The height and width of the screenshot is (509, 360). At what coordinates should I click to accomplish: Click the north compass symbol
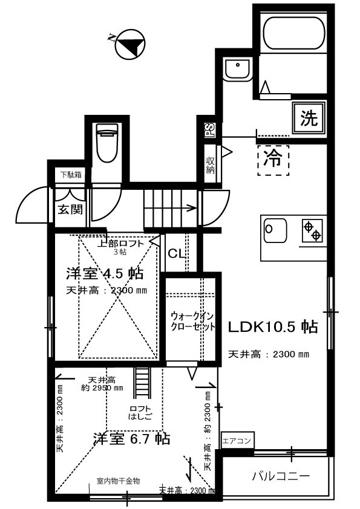click(129, 44)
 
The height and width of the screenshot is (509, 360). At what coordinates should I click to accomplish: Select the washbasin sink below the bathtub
click(237, 71)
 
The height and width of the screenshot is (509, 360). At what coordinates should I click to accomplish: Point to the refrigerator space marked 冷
click(273, 160)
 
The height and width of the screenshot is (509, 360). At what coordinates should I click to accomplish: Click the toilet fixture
click(107, 143)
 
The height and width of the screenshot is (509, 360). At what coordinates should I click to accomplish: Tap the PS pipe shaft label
click(208, 130)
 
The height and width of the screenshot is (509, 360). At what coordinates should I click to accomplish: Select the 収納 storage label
click(210, 164)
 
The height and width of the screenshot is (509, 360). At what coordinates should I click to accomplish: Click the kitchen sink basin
click(276, 230)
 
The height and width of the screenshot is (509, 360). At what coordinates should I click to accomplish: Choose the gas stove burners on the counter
click(312, 230)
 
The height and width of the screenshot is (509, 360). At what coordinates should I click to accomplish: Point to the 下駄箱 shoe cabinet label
click(70, 175)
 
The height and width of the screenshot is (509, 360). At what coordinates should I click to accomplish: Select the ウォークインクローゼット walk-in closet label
click(192, 321)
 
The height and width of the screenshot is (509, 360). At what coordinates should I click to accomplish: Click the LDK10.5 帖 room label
click(273, 327)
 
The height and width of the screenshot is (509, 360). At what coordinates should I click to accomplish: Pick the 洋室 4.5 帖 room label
click(104, 273)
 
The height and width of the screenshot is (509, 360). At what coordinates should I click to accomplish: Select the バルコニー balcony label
click(280, 476)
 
